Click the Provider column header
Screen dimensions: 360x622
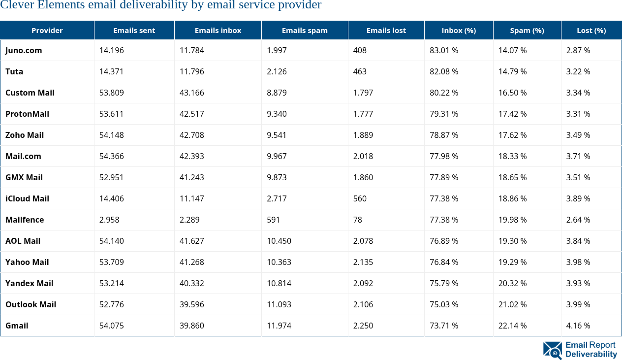47,31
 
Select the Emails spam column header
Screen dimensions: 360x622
305,31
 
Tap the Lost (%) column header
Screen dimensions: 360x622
591,31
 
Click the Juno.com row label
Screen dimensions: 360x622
24,50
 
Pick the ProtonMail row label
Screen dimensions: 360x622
27,114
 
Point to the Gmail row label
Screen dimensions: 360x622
17,326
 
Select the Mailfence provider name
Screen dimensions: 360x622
25,220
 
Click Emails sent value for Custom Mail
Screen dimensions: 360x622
111,93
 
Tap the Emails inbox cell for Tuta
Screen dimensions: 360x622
191,71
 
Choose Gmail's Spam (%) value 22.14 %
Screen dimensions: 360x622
512,326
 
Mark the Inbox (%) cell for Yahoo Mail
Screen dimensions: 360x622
444,262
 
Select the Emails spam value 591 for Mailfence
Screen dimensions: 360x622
273,220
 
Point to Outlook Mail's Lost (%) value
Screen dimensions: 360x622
578,304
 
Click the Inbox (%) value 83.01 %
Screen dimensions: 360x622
444,50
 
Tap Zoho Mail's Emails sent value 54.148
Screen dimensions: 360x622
111,135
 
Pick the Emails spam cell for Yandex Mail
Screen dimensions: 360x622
279,283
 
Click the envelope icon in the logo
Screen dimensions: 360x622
552,350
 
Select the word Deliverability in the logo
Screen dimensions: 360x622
591,354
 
